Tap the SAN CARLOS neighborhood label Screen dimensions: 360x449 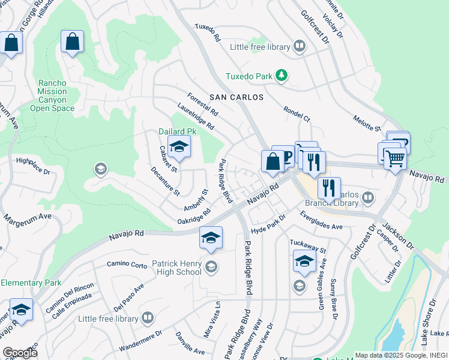236,97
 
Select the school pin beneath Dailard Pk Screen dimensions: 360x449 178,147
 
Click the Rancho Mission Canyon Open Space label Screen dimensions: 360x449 52,96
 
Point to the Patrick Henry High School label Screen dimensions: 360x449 168,267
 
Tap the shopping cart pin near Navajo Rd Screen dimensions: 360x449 394,159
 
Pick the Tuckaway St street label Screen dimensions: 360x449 306,245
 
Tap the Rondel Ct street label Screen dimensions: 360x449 297,113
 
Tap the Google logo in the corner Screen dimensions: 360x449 20,352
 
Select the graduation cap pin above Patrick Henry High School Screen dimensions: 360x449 211,238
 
